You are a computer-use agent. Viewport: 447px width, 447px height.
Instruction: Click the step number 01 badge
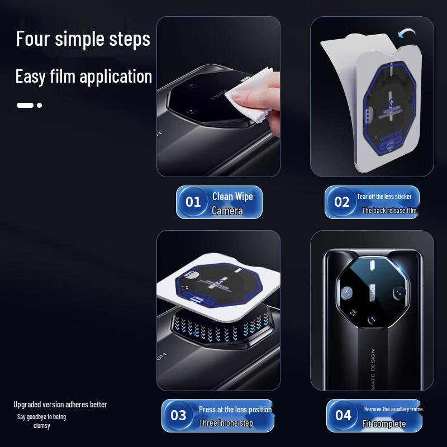click(x=193, y=202)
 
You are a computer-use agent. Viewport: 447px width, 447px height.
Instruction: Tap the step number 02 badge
click(x=341, y=202)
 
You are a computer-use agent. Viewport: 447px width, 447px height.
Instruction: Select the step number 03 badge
click(x=178, y=415)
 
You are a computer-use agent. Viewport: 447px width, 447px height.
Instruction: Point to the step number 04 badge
click(x=343, y=415)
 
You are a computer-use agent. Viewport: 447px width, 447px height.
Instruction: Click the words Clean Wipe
click(x=232, y=196)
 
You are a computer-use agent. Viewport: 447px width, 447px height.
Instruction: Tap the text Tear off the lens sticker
click(x=384, y=197)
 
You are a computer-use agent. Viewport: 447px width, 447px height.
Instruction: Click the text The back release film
click(x=389, y=211)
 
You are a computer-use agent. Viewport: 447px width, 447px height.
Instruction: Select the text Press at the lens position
click(x=235, y=410)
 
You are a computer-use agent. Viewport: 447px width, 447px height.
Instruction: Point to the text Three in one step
click(x=226, y=423)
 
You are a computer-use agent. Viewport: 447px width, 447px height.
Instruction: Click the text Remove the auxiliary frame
click(x=393, y=409)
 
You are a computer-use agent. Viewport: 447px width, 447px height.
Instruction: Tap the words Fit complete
click(x=384, y=424)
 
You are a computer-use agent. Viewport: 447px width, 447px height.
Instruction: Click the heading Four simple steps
click(x=83, y=39)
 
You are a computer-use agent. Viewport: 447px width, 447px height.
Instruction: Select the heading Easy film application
click(x=84, y=76)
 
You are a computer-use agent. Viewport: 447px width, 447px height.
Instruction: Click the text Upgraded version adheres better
click(x=60, y=405)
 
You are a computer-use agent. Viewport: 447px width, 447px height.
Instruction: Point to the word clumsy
click(x=41, y=426)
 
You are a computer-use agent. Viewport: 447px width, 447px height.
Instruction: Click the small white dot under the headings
click(x=39, y=105)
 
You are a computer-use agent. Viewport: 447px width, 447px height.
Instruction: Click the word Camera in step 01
click(x=227, y=211)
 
